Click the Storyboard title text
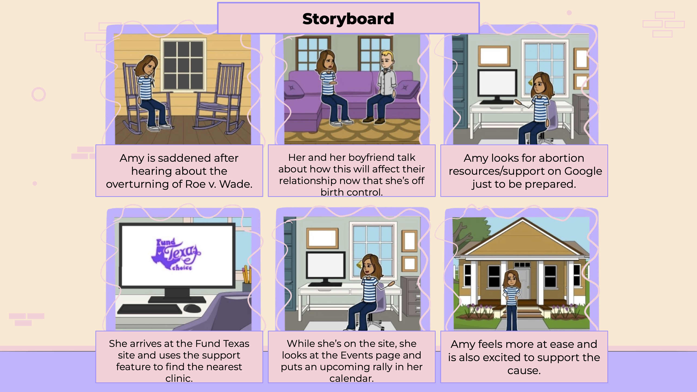click(348, 19)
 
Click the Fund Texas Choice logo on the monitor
click(176, 254)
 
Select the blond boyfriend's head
click(386, 60)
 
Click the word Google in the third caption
click(583, 171)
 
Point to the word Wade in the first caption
click(235, 184)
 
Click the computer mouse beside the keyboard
click(192, 308)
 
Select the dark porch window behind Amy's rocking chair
click(184, 65)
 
